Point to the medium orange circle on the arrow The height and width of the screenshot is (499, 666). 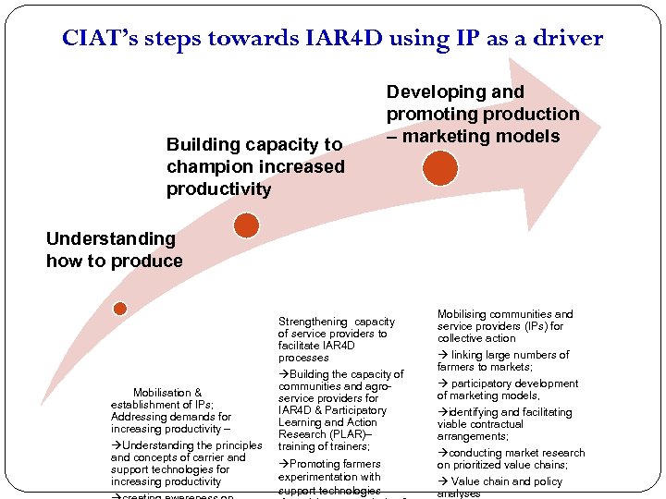[x=246, y=225]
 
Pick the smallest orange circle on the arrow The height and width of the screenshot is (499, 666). [x=119, y=309]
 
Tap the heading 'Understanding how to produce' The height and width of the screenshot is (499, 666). [x=114, y=249]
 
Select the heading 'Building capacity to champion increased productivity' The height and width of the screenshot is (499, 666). [x=254, y=166]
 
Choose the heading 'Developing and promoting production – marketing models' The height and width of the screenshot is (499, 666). [x=482, y=114]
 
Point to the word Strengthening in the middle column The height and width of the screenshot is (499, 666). [x=313, y=322]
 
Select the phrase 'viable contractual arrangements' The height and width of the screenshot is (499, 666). [x=490, y=424]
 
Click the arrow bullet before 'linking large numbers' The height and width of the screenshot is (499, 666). [x=442, y=355]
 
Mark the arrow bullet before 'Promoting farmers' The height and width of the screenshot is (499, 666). [x=283, y=464]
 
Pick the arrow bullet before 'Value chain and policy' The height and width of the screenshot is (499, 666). [x=442, y=481]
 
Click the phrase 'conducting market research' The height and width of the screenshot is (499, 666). [x=516, y=453]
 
